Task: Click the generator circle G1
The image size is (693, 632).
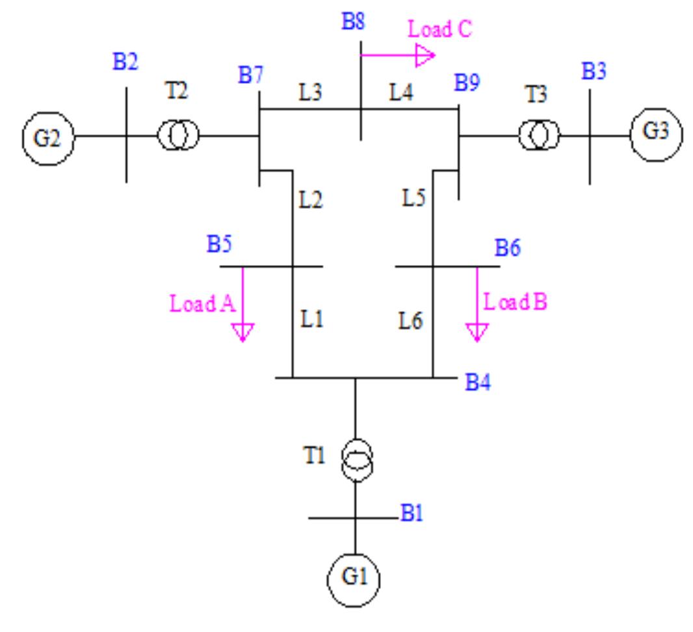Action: [354, 578]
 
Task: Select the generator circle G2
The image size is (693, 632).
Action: [47, 137]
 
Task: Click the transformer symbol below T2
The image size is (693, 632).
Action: [178, 136]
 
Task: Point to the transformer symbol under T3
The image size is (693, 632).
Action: [539, 136]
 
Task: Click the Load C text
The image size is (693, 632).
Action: [439, 29]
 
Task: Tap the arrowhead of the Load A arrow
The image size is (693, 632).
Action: [242, 333]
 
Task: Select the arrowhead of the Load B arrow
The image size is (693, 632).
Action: [477, 333]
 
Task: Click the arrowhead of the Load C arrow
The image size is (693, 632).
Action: [425, 57]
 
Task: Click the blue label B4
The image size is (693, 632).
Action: [478, 383]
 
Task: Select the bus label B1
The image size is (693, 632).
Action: [412, 515]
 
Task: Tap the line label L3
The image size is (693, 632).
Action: [310, 93]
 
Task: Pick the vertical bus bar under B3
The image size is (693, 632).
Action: [590, 136]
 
